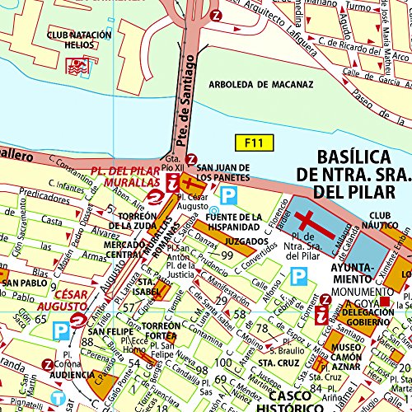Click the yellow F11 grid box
point(252,143)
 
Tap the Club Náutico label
point(383,215)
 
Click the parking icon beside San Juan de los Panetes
point(231,194)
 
